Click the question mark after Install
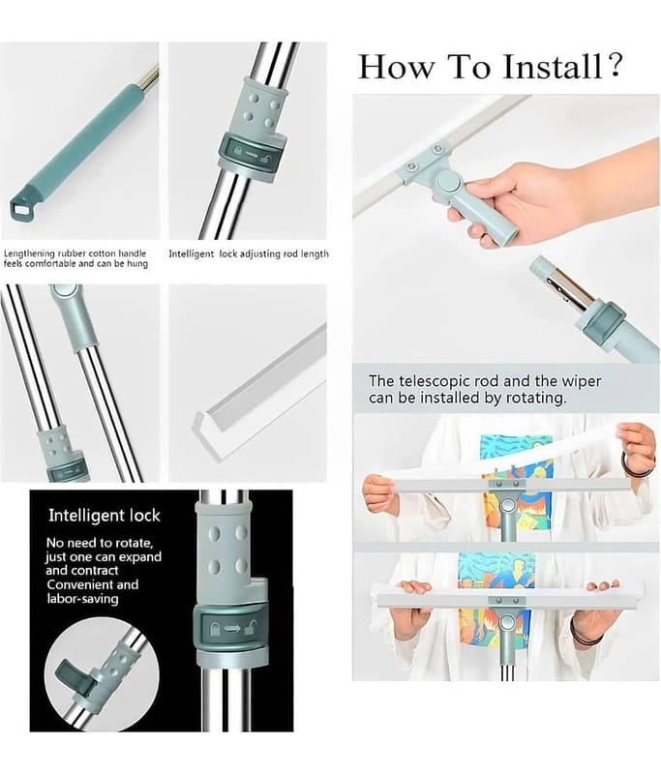point(615,65)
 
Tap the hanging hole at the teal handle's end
point(20,208)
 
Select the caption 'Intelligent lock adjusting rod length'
point(249,254)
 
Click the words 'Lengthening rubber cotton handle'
point(75,253)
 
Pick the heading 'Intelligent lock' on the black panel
point(105,516)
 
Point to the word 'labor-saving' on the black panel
point(82,599)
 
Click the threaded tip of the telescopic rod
point(542,267)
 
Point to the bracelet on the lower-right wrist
point(584,633)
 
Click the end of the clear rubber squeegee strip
point(201,424)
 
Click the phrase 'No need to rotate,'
point(100,544)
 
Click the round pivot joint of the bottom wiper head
point(506,624)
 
